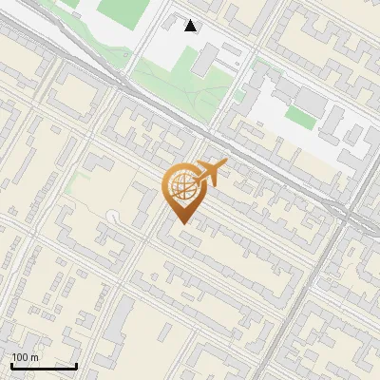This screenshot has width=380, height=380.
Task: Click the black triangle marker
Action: pyautogui.click(x=191, y=26)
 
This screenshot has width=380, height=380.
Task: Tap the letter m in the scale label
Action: pyautogui.click(x=35, y=357)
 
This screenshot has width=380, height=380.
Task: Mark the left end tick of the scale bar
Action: pyautogui.click(x=11, y=366)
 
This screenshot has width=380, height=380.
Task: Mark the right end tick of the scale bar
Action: pyautogui.click(x=76, y=366)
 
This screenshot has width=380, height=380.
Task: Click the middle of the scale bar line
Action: pyautogui.click(x=44, y=367)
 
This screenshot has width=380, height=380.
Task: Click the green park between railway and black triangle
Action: pyautogui.click(x=180, y=82)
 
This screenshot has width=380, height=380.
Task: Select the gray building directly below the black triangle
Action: pyautogui.click(x=203, y=60)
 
